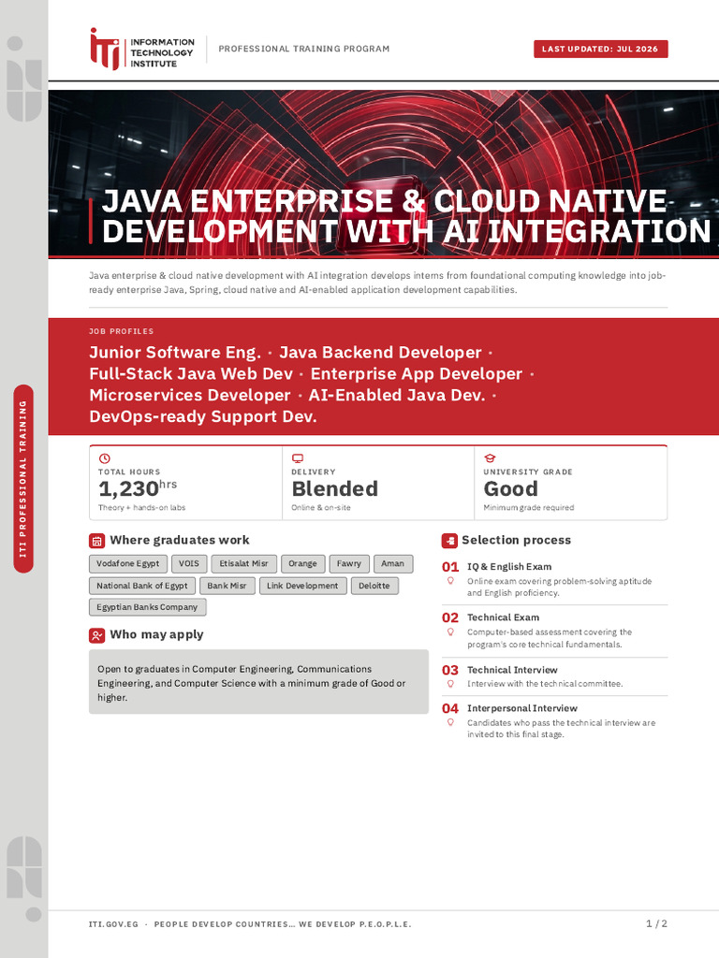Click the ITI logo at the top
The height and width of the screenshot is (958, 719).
[x=142, y=50]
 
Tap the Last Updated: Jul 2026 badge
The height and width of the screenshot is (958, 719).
[x=600, y=49]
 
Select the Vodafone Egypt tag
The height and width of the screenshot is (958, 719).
[x=127, y=563]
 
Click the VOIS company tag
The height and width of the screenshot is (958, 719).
[x=189, y=563]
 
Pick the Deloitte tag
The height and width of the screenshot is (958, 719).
[x=374, y=586]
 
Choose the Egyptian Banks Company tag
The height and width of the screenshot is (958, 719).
[x=147, y=606]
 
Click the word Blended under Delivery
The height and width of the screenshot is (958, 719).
[x=334, y=488]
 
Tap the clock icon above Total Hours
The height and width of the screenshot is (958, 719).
[x=105, y=458]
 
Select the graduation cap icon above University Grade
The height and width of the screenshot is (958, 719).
[x=490, y=458]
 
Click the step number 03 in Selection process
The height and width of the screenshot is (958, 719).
[x=450, y=670]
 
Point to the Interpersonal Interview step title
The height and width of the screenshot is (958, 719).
[x=522, y=708]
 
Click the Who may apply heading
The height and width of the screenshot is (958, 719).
[x=156, y=634]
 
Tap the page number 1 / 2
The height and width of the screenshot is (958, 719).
[x=656, y=923]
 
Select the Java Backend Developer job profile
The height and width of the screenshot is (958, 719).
[x=380, y=353]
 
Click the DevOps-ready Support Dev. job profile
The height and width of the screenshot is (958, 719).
[x=203, y=416]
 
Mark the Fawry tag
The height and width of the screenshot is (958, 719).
[x=349, y=563]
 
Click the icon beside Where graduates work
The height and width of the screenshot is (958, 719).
[x=97, y=541]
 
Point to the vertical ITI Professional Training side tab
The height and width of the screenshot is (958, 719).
[x=23, y=479]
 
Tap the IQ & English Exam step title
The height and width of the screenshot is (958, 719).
[x=509, y=567]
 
